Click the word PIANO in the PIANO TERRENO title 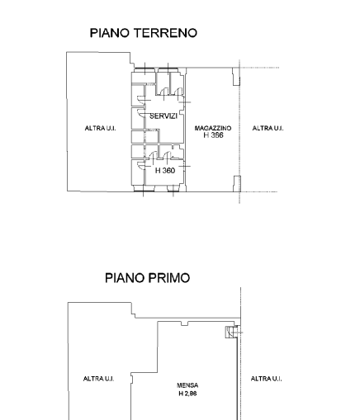110,33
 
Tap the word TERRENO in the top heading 166,33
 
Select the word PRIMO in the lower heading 169,278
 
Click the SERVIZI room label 163,116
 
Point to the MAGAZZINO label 213,128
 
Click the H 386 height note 213,135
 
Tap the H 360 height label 165,171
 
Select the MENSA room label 187,385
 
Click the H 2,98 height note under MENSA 187,394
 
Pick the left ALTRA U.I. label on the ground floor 100,128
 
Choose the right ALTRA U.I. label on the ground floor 268,128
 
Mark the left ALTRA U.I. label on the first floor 98,379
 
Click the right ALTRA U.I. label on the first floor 266,379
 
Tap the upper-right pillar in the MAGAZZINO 236,77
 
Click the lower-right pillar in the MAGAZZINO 237,183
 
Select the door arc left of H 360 141,166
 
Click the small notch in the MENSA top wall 185,323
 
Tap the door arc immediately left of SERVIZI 141,113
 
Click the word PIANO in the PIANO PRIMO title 125,278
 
